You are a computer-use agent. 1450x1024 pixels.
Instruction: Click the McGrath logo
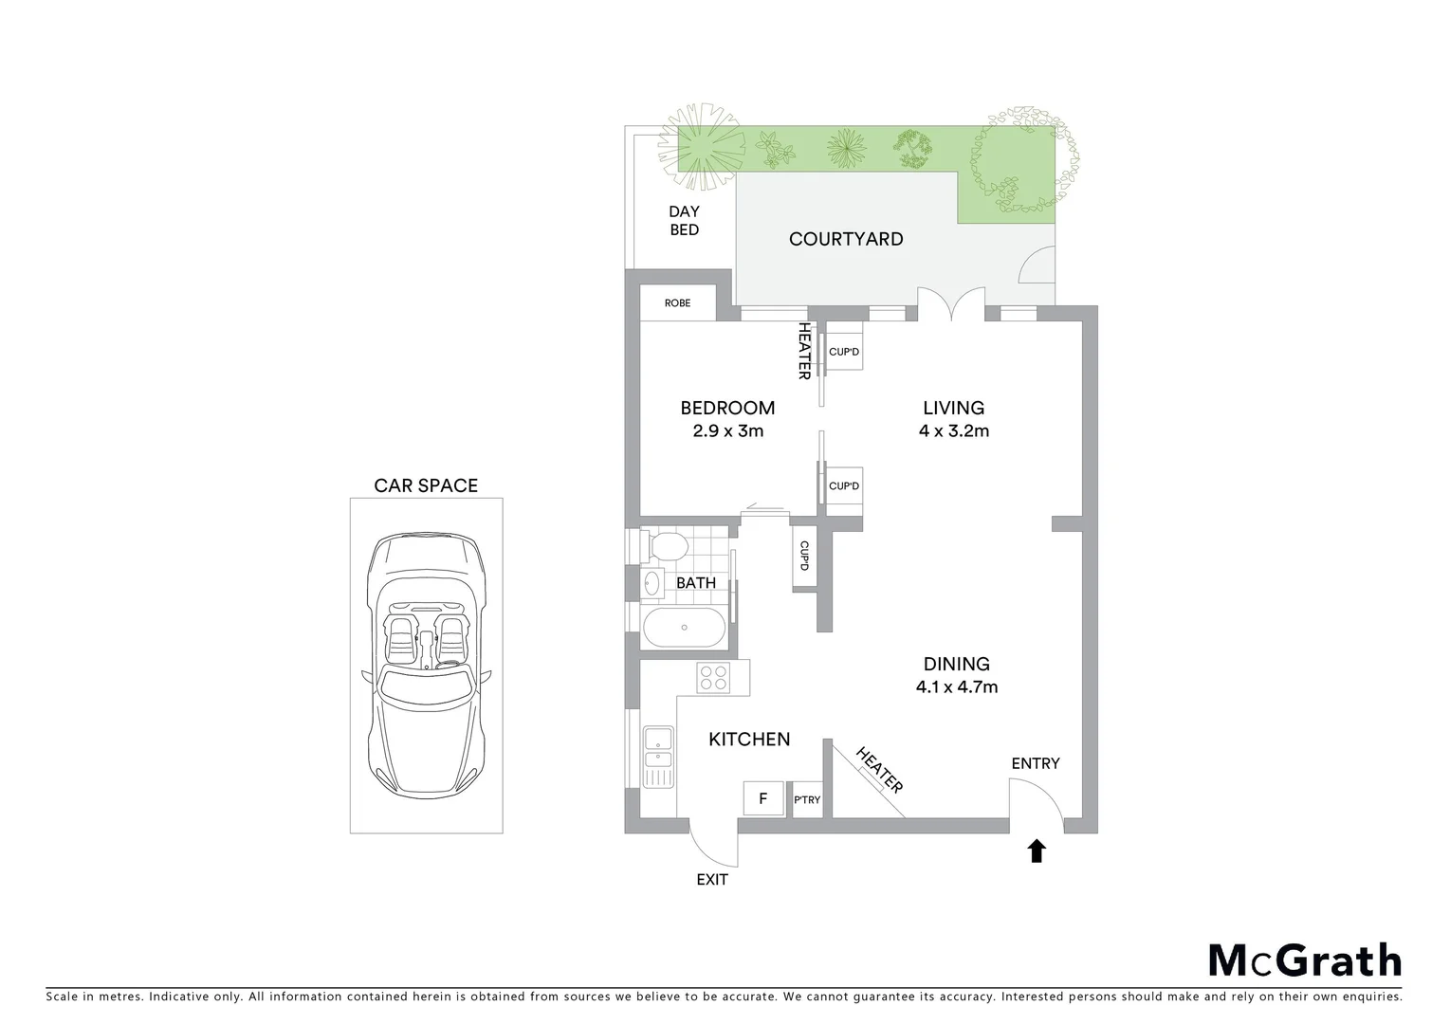(1304, 960)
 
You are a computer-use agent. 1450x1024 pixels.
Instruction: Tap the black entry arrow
(1037, 850)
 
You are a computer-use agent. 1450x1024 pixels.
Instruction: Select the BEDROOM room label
(727, 408)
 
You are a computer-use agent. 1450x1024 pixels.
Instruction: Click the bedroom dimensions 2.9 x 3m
(727, 430)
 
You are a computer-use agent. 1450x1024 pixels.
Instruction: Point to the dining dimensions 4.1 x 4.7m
(956, 686)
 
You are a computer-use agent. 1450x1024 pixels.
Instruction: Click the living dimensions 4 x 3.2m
(953, 430)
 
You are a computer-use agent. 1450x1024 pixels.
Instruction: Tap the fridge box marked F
(762, 798)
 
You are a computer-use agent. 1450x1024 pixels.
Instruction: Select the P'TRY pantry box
(807, 800)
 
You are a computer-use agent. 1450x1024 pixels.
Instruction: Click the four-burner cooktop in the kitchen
(713, 677)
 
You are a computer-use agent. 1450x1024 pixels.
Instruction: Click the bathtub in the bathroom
(684, 629)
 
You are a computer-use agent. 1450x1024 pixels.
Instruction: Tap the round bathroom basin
(652, 582)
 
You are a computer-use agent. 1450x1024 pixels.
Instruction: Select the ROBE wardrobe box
(677, 303)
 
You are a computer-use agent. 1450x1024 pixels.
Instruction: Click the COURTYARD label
(846, 239)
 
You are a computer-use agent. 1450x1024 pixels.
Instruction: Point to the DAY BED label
(684, 221)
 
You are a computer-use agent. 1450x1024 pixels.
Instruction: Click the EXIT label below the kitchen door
(711, 880)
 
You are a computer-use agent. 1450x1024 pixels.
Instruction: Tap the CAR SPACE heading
(426, 485)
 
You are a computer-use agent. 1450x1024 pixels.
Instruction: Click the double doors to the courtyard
(951, 305)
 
